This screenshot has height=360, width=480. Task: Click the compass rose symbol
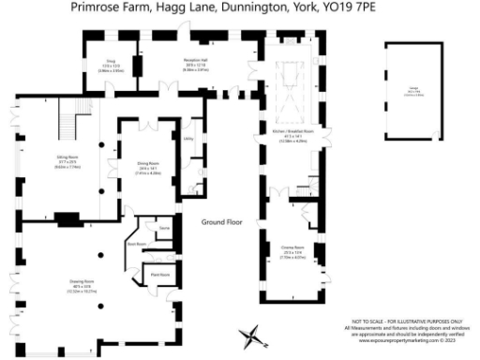point(252,335)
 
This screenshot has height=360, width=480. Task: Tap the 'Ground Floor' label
point(221,222)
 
